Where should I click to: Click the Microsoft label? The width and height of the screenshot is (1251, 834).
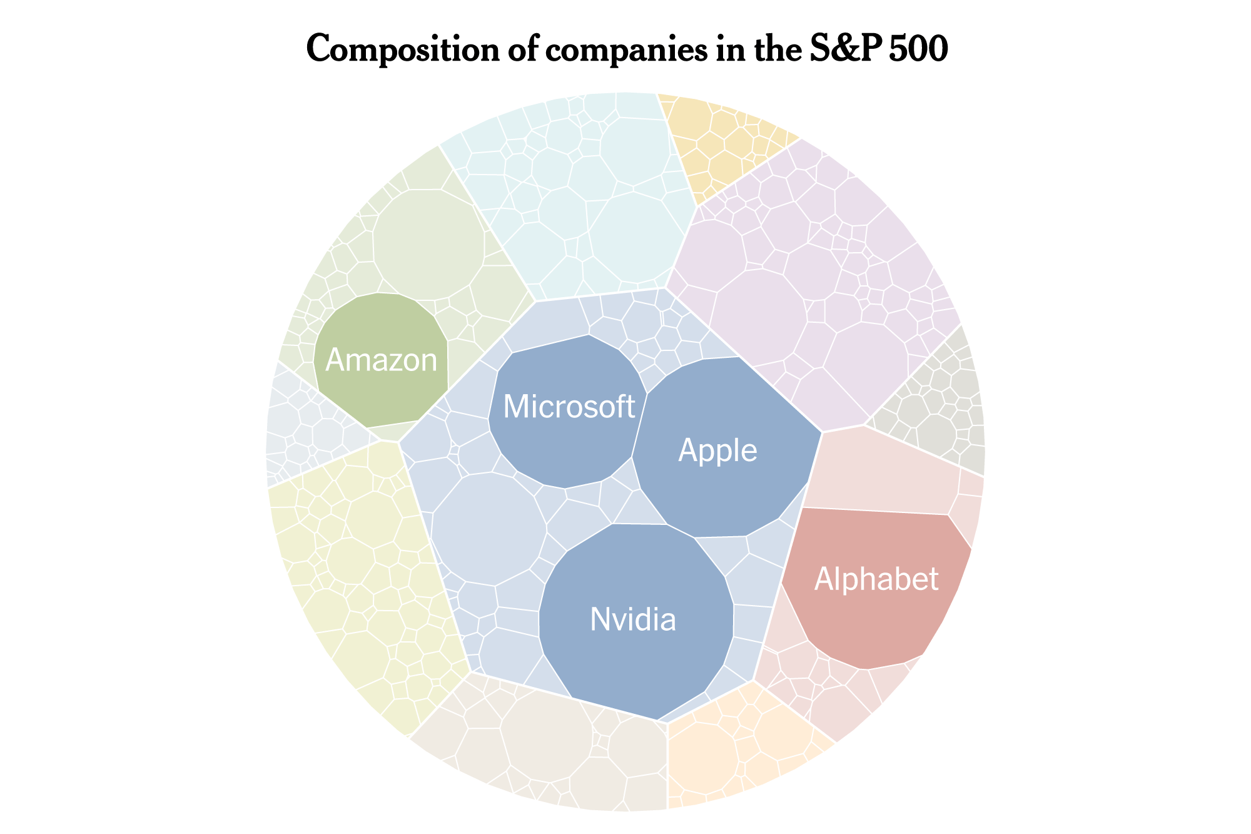pyautogui.click(x=569, y=407)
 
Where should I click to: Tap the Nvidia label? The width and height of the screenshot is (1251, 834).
pyautogui.click(x=633, y=620)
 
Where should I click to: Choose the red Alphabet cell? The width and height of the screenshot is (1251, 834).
pyautogui.click(x=876, y=588)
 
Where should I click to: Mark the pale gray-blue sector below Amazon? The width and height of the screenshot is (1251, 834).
pyautogui.click(x=306, y=432)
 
